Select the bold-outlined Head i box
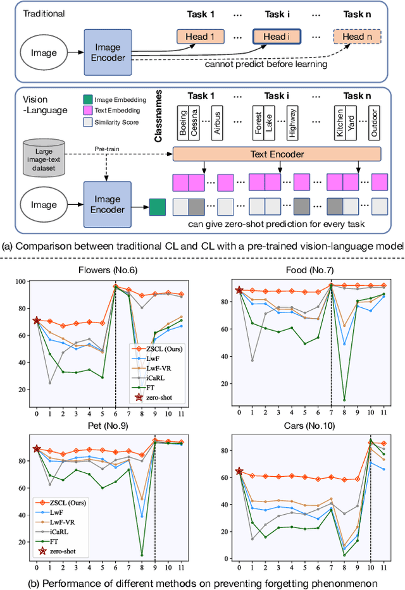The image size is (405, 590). pos(274,36)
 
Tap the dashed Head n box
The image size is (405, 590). pos(359,36)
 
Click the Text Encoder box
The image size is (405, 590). pos(277,154)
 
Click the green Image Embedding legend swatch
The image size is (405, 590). pos(87,99)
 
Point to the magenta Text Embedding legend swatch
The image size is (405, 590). pos(87,110)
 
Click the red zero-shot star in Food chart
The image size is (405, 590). pos(239,290)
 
